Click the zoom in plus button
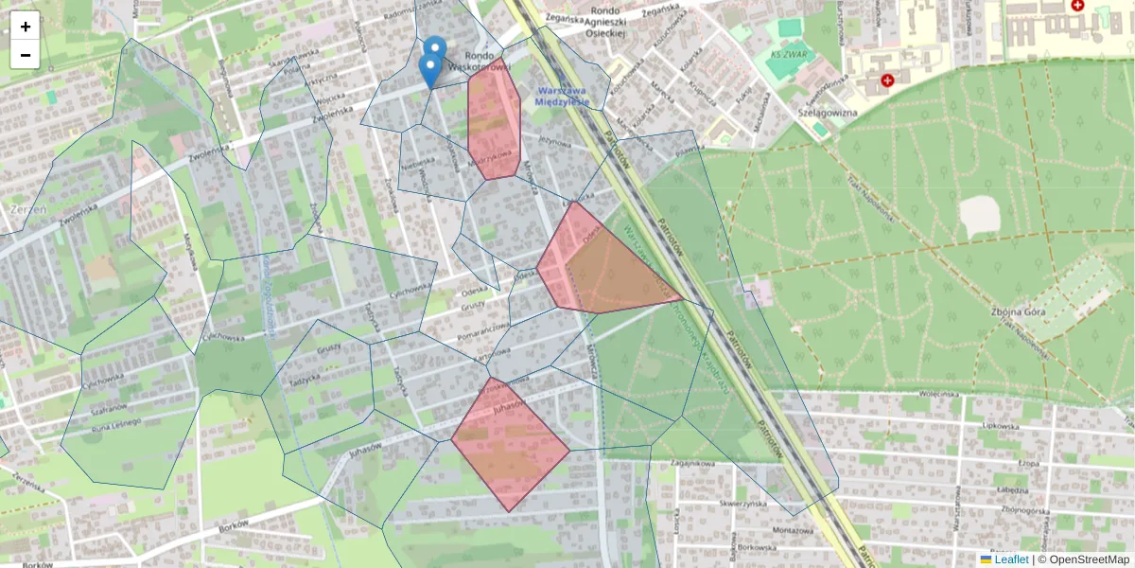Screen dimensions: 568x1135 [26, 27]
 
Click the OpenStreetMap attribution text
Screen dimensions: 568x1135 [1088, 559]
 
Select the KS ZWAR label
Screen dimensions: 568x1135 [790, 54]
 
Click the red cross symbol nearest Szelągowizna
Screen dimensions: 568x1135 [887, 80]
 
